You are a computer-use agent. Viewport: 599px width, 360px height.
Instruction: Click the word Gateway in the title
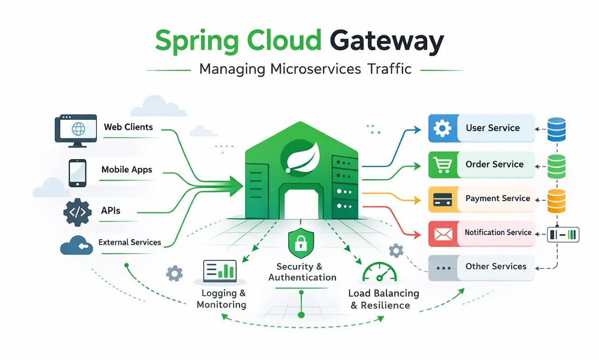387,42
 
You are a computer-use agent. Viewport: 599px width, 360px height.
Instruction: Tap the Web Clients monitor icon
76,131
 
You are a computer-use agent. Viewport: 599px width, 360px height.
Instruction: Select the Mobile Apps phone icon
78,173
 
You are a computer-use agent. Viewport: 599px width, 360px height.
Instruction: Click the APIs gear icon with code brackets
78,212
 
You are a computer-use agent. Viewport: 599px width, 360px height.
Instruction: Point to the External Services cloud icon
76,245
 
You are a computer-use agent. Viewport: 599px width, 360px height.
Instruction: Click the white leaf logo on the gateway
303,158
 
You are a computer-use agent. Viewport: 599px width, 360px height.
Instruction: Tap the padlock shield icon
301,243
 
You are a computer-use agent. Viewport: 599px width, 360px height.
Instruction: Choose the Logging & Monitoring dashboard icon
220,271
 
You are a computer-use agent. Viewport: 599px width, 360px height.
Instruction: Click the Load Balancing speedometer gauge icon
380,272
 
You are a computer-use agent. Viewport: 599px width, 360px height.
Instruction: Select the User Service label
493,128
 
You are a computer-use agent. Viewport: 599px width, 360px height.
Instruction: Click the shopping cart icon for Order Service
443,165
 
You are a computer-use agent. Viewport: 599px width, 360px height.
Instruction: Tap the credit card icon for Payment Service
443,199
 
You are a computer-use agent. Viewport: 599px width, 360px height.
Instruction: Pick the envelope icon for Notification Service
443,234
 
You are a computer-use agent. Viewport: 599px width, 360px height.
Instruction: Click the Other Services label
496,266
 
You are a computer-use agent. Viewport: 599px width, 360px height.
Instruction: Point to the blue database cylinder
556,130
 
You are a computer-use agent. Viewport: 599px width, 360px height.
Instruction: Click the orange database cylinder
556,201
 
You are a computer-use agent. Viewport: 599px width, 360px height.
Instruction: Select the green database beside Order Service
556,166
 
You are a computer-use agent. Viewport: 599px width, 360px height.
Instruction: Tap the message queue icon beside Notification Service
563,235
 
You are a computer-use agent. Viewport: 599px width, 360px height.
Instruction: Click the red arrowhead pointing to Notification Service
417,235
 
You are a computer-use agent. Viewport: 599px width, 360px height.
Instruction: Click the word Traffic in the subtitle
389,69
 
